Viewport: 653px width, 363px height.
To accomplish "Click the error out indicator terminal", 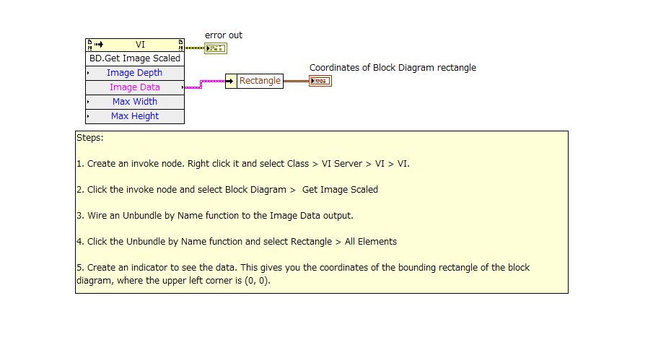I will [x=215, y=48].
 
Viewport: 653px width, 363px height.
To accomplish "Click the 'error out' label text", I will [x=224, y=35].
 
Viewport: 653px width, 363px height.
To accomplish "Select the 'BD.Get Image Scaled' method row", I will [x=135, y=58].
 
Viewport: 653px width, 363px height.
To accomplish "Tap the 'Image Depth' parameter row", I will [x=135, y=73].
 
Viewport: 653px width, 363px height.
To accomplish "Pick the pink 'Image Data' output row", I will [x=135, y=87].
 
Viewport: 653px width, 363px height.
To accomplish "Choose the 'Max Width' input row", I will [x=135, y=102].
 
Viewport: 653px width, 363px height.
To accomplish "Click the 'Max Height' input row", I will [x=135, y=116].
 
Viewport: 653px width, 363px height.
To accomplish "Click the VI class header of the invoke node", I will [x=140, y=45].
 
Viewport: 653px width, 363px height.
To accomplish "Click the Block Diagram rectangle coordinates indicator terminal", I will [x=320, y=81].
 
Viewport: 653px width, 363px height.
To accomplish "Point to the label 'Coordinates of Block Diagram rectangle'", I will [x=393, y=68].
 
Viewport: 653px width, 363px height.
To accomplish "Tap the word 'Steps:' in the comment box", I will [x=90, y=138].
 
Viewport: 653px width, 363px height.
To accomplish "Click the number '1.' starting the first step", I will [x=80, y=164].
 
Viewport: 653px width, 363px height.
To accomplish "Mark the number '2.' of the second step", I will [x=80, y=190].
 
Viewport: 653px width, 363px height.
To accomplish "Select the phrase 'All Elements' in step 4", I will [x=370, y=242].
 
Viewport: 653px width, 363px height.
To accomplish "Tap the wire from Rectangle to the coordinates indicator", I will [x=296, y=81].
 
